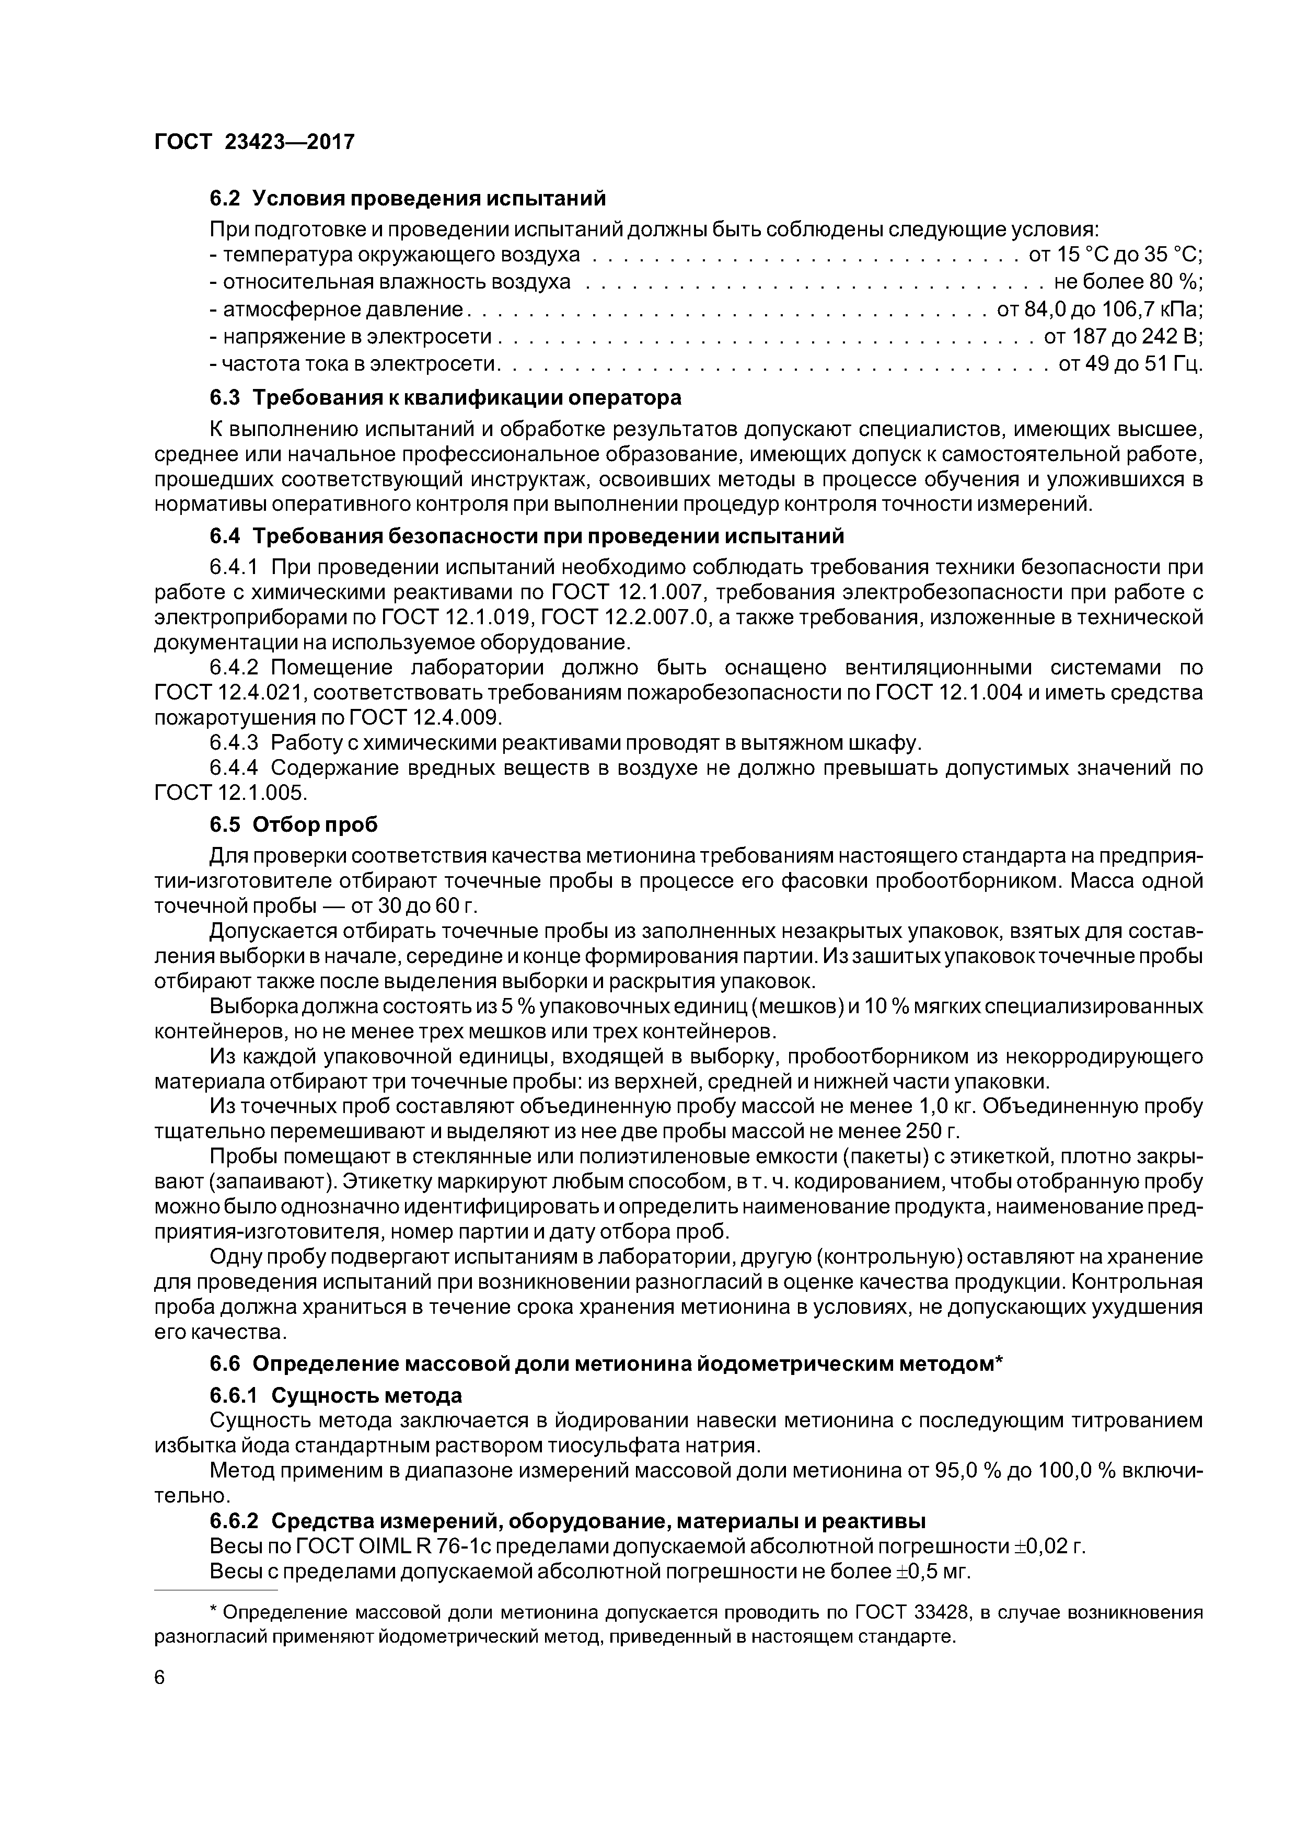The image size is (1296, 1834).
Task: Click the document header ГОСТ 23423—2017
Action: [x=254, y=142]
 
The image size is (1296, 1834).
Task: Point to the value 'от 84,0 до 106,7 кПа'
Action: [x=1100, y=309]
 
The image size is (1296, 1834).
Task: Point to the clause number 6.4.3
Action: [x=234, y=743]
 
